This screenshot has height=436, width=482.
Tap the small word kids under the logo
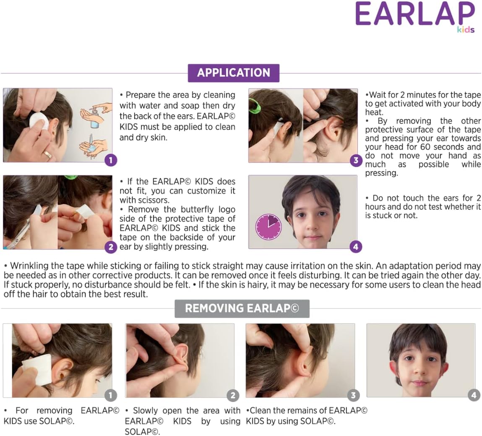click(466, 29)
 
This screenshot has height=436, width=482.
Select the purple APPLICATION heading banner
click(234, 73)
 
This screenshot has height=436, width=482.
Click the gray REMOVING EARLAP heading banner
click(242, 308)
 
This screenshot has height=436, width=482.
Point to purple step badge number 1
click(111, 160)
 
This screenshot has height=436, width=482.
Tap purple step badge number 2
click(111, 247)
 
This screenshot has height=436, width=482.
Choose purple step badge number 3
click(356, 160)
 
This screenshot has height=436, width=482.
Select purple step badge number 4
click(356, 247)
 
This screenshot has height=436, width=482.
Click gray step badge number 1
click(111, 395)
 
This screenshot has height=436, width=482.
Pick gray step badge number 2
click(233, 395)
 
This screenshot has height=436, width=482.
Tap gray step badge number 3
click(353, 395)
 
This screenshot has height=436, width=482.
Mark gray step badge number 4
click(474, 395)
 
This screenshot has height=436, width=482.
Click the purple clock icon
click(268, 227)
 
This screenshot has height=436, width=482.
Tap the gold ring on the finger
click(48, 154)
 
